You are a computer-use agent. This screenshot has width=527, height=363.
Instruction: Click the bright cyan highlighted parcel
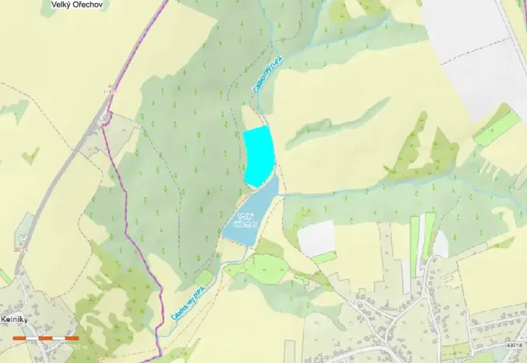point(259,155)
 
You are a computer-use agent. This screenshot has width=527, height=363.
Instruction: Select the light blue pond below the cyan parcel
point(250,216)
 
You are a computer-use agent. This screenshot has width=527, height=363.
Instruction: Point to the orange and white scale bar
point(46,339)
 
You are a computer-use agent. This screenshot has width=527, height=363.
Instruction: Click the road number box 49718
point(515,344)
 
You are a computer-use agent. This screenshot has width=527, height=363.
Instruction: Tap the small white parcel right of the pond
point(317,237)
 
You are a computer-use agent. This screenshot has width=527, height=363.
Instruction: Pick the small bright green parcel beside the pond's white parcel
point(325,257)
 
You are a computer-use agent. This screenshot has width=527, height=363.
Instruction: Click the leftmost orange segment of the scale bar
point(20,339)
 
